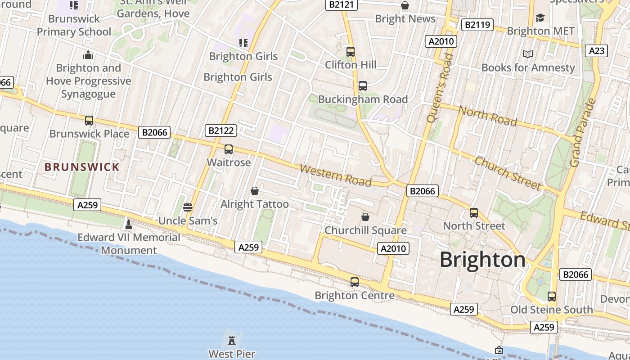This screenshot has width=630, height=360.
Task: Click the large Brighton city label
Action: (482, 260)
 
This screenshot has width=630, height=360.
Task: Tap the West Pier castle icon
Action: (232, 340)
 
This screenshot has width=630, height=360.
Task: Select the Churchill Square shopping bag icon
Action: (365, 217)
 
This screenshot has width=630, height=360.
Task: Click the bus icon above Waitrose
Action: (229, 149)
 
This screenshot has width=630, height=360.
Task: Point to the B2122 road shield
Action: (221, 130)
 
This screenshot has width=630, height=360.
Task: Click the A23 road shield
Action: (597, 50)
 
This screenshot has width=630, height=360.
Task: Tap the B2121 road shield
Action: (342, 4)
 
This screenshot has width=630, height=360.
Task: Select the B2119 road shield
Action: (477, 25)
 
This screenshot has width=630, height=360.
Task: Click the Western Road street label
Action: (336, 175)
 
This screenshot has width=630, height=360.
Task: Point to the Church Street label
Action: (508, 173)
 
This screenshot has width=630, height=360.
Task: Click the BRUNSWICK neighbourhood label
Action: (82, 167)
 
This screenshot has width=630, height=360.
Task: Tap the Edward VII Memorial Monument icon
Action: (129, 224)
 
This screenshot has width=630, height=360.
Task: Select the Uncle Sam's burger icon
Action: (188, 207)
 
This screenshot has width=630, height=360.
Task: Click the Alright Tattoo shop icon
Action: (255, 191)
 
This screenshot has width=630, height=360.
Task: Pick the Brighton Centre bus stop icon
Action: (355, 282)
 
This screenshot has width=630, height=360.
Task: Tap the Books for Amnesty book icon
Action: (528, 54)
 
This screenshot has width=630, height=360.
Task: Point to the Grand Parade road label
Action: (583, 133)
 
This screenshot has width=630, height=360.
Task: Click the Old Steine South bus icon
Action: (552, 296)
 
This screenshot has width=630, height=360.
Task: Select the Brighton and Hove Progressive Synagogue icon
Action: (88, 55)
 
